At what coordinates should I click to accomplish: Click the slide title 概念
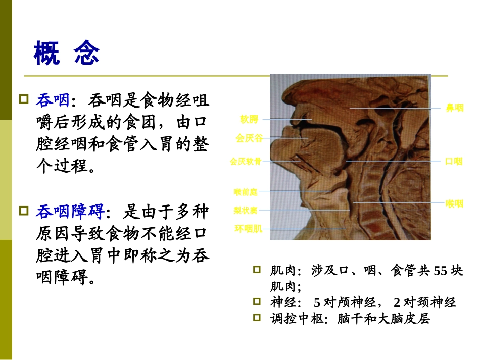[x=66, y=53]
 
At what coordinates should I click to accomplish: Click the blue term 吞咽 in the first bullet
[x=52, y=101]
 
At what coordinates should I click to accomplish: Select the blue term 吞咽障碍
[x=69, y=212]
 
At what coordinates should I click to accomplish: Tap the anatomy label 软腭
[x=249, y=120]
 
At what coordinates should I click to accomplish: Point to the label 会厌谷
[x=249, y=138]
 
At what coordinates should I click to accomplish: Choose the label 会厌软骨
[x=246, y=162]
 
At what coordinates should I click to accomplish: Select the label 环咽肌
[x=248, y=229]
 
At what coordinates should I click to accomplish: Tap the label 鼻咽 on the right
[x=454, y=108]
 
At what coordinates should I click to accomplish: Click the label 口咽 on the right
[x=454, y=162]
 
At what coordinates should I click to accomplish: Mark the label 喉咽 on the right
[x=454, y=204]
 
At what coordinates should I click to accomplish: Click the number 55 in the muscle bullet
[x=441, y=271]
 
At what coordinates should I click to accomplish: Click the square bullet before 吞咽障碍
[x=23, y=210]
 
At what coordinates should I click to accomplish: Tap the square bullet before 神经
[x=257, y=302]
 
